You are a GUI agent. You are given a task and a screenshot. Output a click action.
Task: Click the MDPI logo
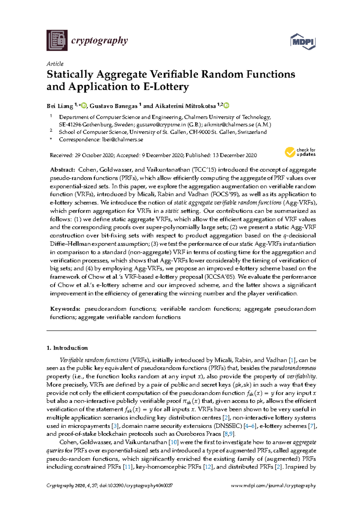[x=303, y=41]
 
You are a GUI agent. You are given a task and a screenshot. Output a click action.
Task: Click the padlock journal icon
[x=57, y=40]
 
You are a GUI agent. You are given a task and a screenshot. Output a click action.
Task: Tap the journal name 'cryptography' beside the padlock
[x=99, y=40]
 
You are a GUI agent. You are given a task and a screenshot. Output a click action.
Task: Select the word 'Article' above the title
[x=55, y=64]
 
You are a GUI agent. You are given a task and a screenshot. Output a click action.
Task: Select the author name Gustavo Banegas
[x=113, y=106]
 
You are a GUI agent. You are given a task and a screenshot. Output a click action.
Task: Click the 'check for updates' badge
[x=300, y=152]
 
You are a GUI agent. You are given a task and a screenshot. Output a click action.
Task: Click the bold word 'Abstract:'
[x=62, y=170]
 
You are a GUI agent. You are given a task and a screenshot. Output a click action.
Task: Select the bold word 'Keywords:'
[x=65, y=309]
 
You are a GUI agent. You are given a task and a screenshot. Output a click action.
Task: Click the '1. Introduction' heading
[x=67, y=348]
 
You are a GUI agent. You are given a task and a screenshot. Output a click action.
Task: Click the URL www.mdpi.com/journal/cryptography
[x=273, y=486]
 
